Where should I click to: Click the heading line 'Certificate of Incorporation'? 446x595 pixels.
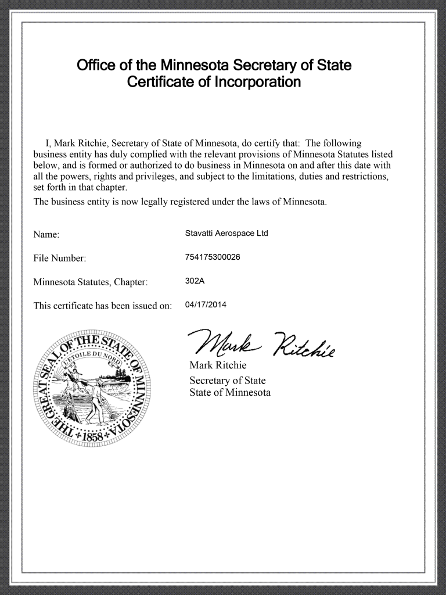pos(214,83)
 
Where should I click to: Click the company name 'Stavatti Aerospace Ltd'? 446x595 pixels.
pos(226,234)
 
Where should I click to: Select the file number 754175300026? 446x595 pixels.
pos(212,257)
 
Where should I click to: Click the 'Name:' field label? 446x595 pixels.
pos(46,235)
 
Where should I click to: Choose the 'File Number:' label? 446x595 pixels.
pos(60,259)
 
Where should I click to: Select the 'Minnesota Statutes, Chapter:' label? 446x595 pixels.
pos(91,282)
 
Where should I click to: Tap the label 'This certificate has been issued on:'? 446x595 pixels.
pos(103,306)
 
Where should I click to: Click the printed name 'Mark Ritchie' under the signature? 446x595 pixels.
pos(218,365)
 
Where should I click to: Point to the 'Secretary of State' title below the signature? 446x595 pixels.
pos(228,381)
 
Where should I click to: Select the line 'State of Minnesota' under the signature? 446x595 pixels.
pos(230,393)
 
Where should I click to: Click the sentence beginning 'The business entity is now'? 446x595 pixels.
pos(180,202)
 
